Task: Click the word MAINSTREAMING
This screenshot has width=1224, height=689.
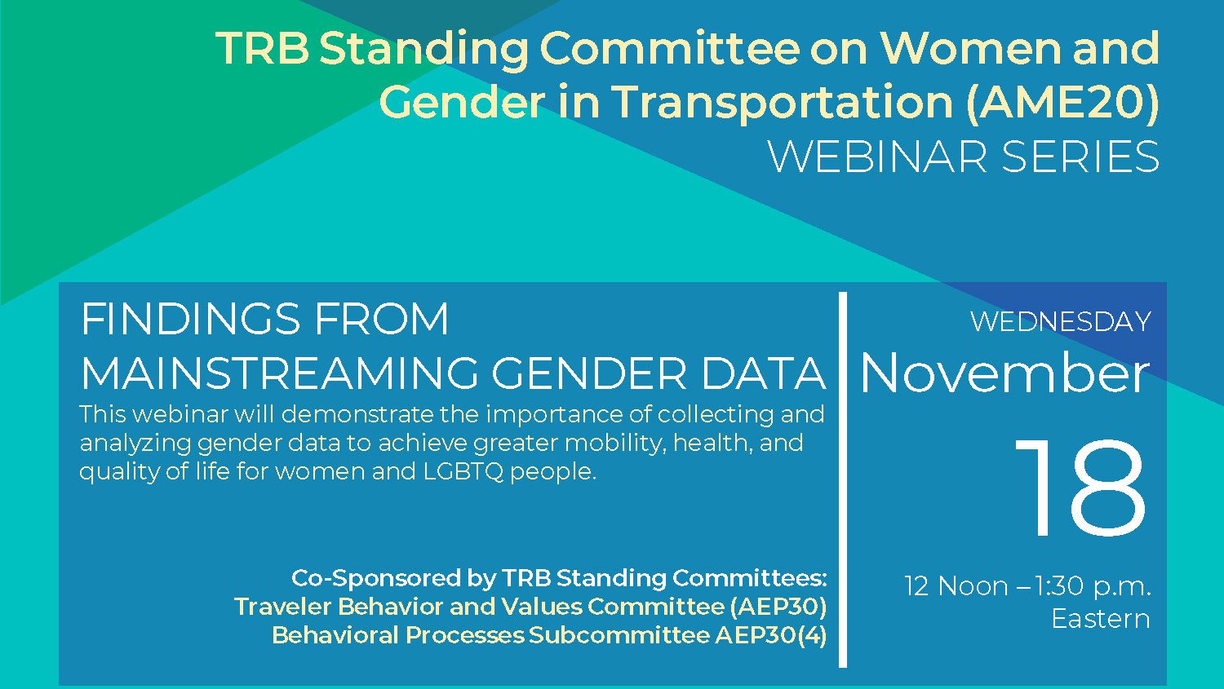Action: (x=279, y=373)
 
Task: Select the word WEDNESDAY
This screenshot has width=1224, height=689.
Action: (x=1061, y=321)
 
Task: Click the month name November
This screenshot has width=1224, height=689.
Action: (x=1004, y=374)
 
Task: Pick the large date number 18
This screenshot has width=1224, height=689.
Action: (x=1080, y=487)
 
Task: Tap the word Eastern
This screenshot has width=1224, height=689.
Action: (x=1101, y=619)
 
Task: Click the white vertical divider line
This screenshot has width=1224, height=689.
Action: (x=843, y=479)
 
